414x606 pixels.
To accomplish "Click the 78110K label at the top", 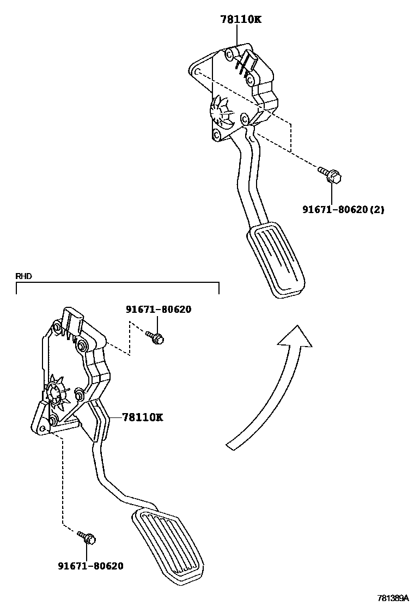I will (241, 20).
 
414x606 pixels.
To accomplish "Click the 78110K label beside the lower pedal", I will (142, 417).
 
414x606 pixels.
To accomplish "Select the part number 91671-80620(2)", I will (343, 209).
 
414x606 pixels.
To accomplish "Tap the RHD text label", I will (24, 276).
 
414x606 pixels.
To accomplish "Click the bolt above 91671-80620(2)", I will (330, 175).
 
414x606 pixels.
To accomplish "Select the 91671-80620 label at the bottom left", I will (90, 566).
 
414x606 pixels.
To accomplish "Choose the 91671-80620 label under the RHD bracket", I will (159, 310).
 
